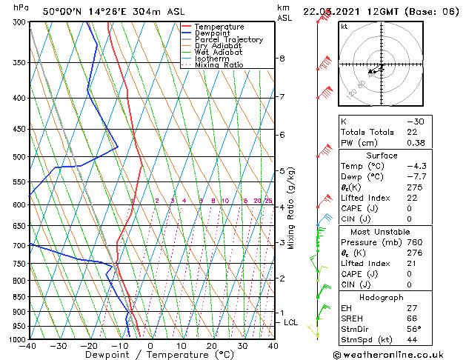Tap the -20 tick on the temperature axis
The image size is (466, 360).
[x=89, y=345]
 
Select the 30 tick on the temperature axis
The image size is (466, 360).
[x=242, y=345]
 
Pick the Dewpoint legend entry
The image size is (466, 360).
[x=215, y=33]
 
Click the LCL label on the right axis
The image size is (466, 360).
[x=290, y=323]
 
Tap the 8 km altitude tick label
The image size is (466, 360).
[x=282, y=59]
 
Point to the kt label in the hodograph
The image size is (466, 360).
[x=344, y=27]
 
